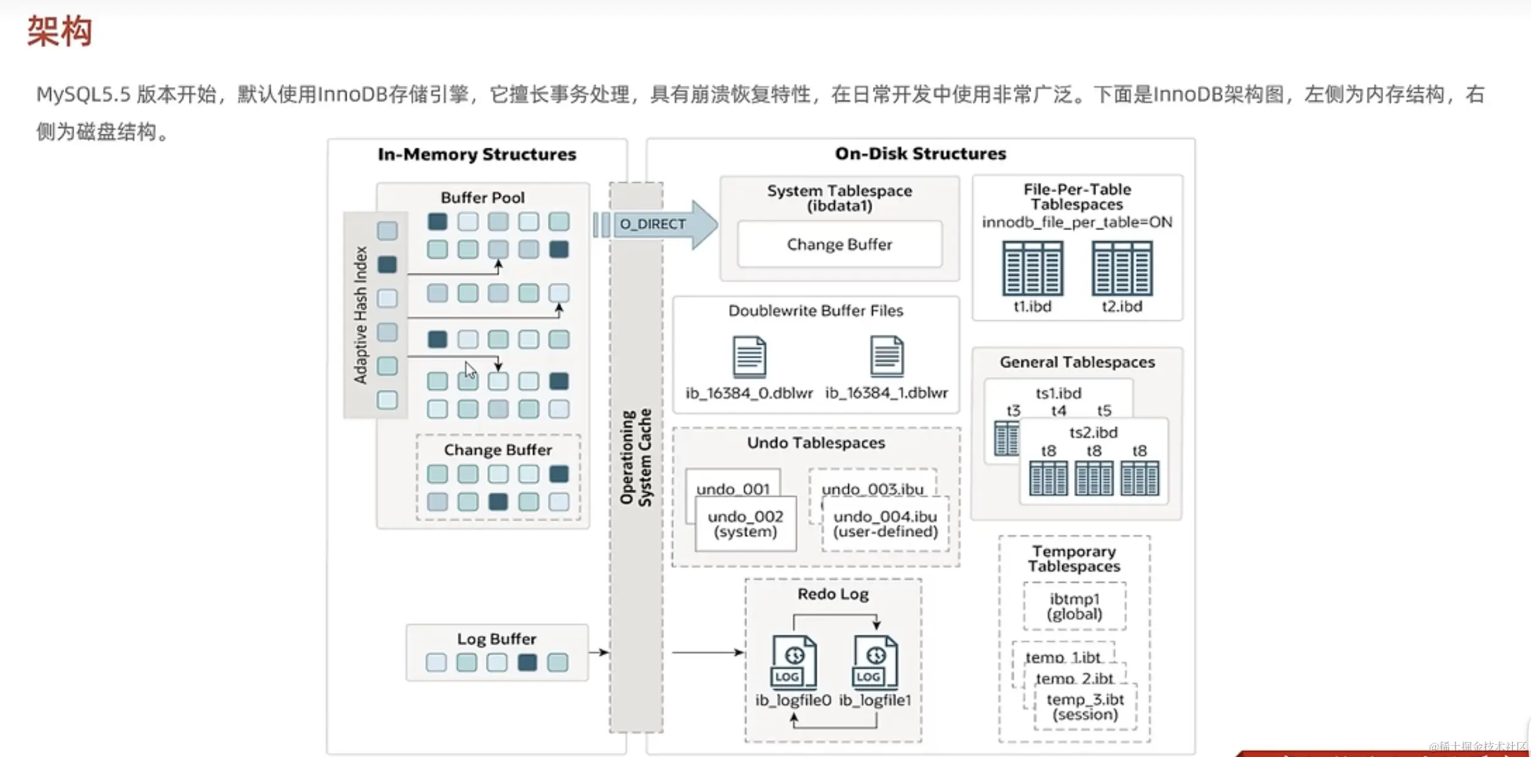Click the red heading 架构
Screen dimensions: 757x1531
[59, 31]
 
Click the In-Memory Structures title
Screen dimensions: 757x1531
[477, 154]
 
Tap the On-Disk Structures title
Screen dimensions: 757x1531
[920, 153]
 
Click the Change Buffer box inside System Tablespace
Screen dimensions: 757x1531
[839, 244]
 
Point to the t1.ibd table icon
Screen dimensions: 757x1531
[1032, 269]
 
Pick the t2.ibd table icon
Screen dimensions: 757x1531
[1122, 269]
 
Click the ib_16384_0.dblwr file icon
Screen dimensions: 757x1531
[749, 356]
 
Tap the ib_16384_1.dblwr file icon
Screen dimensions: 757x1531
[886, 356]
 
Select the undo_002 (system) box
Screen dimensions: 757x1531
[745, 524]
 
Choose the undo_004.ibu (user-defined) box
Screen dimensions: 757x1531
[885, 524]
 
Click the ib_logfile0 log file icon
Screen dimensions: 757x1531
[794, 663]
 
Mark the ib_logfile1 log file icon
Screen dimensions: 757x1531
[875, 663]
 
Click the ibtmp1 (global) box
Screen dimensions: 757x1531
[1074, 606]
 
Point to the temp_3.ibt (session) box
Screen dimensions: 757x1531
[1085, 707]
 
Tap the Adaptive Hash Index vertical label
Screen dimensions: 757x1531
[360, 315]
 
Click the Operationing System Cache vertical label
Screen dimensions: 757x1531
[636, 457]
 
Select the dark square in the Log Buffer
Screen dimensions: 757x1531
[527, 663]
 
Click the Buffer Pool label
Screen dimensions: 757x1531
[483, 198]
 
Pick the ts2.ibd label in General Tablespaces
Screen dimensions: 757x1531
[1093, 432]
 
